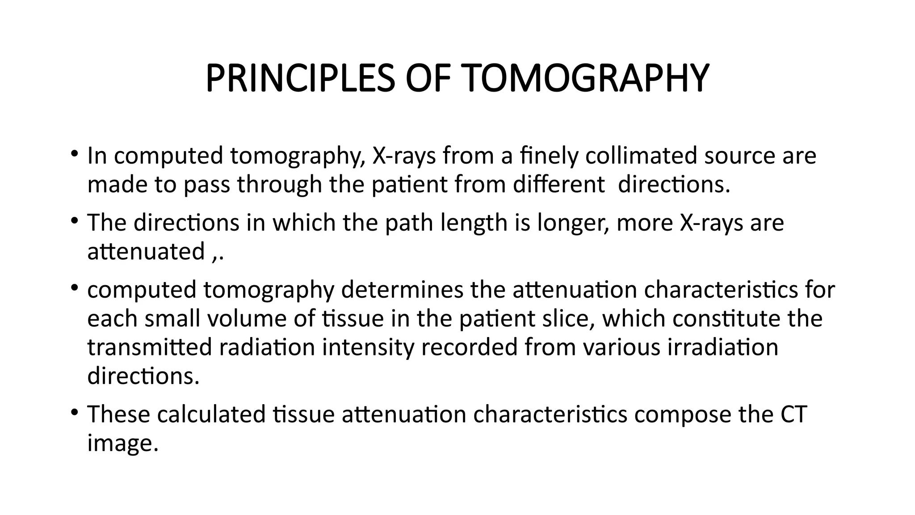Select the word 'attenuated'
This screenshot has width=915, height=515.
click(146, 251)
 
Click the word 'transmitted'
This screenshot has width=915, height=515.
click(149, 347)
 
